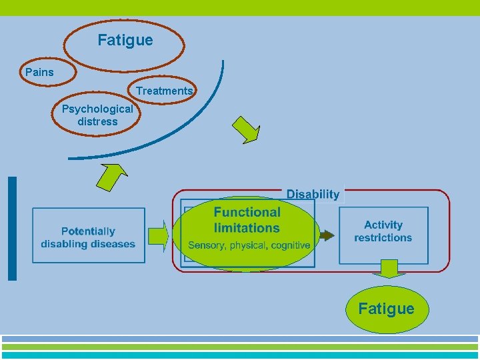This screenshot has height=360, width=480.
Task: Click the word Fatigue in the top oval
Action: (125, 40)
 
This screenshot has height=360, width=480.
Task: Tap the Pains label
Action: (39, 72)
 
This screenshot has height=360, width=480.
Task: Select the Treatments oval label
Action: (164, 91)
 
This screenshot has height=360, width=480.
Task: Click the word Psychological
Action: (97, 109)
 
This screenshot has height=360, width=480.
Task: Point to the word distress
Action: (97, 121)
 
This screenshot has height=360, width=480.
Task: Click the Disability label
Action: (313, 195)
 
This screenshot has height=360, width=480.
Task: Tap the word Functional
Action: (247, 212)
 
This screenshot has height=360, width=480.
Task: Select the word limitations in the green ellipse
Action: (247, 228)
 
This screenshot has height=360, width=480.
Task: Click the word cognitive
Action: (289, 245)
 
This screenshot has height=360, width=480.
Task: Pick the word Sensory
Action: (207, 245)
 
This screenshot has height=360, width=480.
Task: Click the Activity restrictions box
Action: (383, 231)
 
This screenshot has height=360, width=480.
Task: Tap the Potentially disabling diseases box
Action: (88, 237)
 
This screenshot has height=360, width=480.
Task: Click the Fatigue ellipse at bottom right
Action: (386, 309)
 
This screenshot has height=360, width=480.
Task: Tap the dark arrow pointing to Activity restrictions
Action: (327, 235)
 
